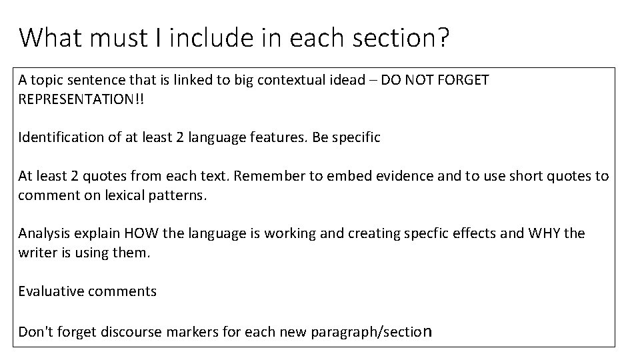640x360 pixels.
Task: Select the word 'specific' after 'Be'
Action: pyautogui.click(x=355, y=138)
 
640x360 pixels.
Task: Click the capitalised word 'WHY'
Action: pyautogui.click(x=545, y=233)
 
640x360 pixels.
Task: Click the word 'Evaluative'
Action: pyautogui.click(x=49, y=291)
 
